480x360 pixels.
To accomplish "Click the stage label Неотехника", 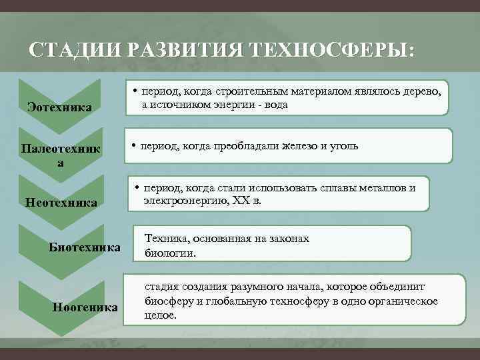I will [61, 201].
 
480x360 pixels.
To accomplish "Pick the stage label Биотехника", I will [85, 248].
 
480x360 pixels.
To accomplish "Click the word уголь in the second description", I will [344, 145].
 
